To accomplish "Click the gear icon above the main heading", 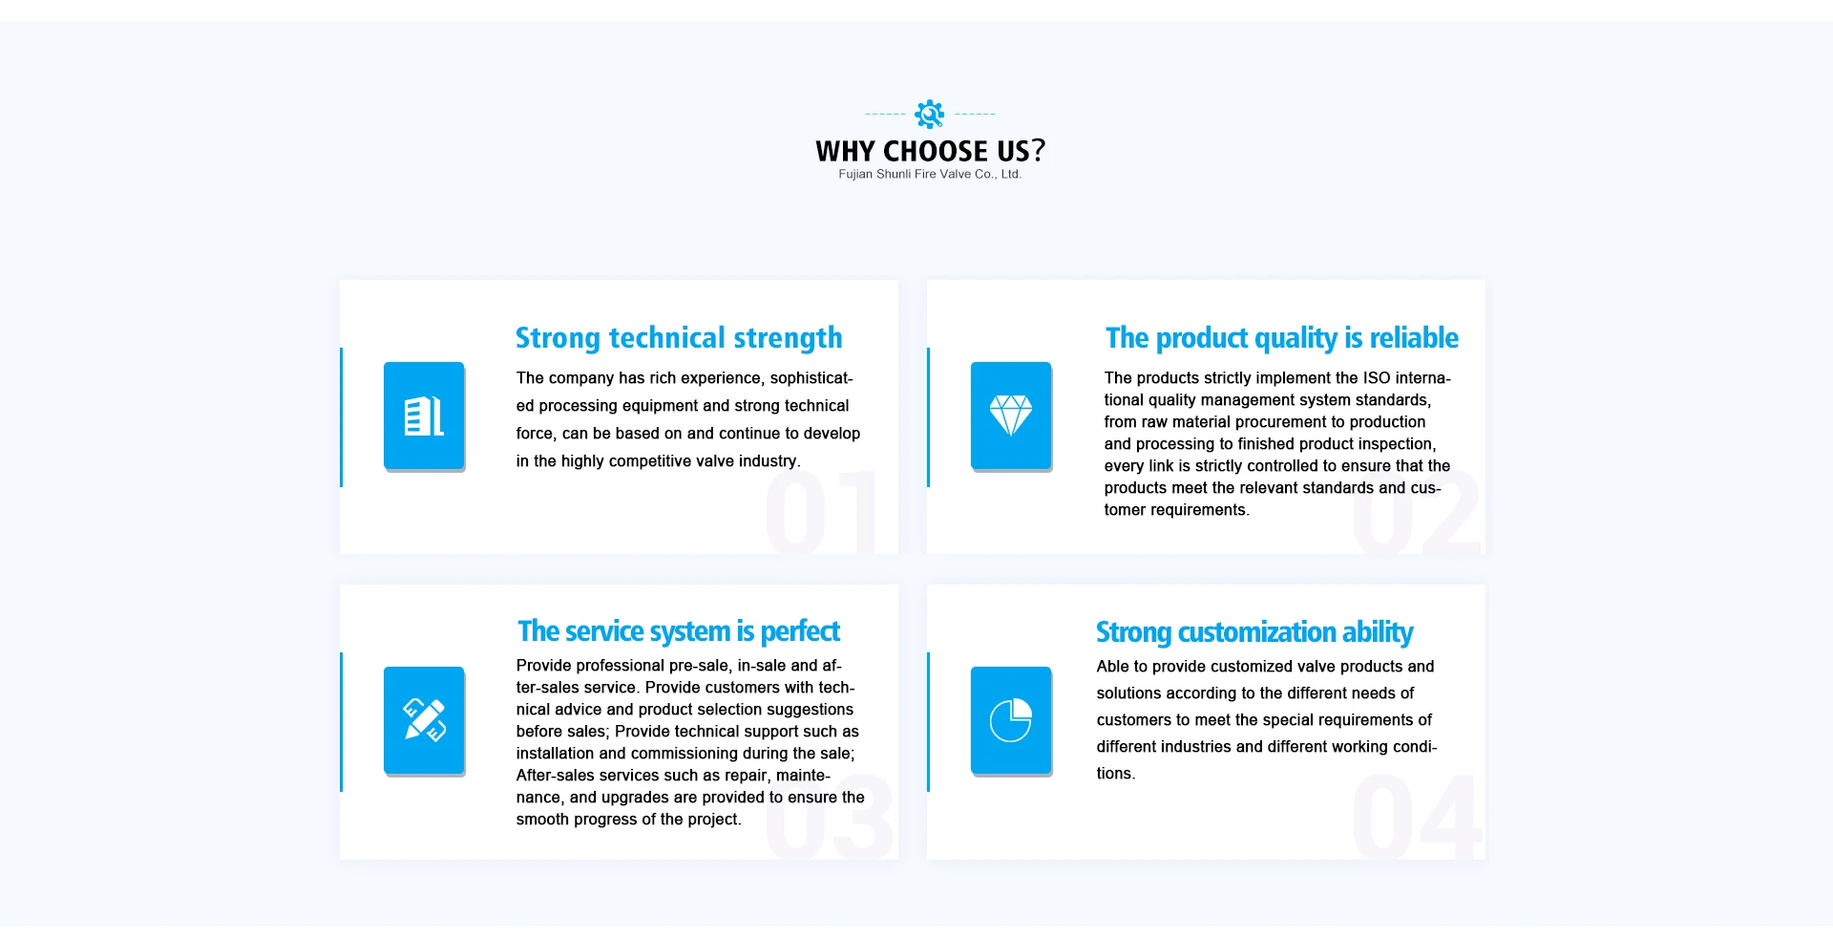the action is (x=929, y=114).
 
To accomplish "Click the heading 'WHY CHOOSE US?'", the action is (x=930, y=151).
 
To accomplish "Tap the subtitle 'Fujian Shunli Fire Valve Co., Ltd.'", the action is (x=930, y=174).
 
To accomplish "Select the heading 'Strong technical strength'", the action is (x=679, y=338).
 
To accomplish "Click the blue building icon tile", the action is (x=424, y=416).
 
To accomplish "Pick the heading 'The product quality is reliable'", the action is (x=1282, y=338).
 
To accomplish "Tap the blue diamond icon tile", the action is (x=1011, y=416).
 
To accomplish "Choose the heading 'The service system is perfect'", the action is (x=679, y=631).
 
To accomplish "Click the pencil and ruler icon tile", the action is (x=424, y=721).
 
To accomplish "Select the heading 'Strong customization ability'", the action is (x=1254, y=632).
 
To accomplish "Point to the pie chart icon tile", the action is (x=1011, y=721).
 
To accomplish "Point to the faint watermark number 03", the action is (x=830, y=817).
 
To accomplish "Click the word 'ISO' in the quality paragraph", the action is (x=1377, y=378).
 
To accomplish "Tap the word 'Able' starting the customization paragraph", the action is (x=1112, y=667).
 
